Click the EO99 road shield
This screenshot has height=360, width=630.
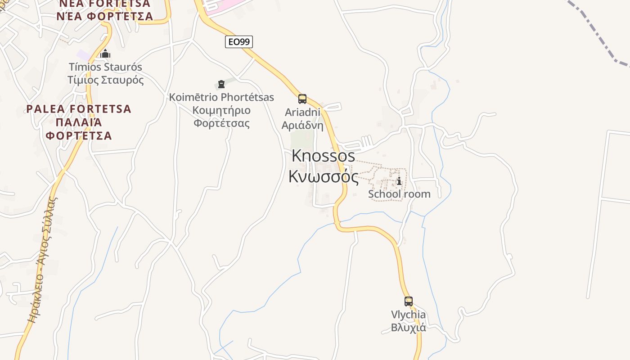[239, 42]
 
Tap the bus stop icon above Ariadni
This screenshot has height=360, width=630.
[302, 99]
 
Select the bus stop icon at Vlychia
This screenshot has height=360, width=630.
[408, 301]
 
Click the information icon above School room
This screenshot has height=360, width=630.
[399, 181]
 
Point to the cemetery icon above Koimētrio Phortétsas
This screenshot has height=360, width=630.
[221, 84]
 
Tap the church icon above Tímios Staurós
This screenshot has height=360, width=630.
[105, 54]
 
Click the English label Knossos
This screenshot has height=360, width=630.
[323, 156]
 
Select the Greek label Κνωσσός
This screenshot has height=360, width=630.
[323, 177]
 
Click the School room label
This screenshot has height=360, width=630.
[399, 194]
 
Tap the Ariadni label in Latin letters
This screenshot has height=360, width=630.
[302, 112]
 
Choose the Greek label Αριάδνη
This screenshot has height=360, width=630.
[302, 125]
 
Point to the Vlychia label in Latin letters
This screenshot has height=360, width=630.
[408, 315]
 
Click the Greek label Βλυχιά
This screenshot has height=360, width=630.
[408, 327]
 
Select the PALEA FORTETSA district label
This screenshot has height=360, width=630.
[79, 109]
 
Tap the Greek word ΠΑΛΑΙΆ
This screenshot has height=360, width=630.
[79, 122]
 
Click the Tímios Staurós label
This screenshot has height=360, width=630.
[105, 67]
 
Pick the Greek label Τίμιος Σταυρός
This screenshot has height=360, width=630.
[105, 80]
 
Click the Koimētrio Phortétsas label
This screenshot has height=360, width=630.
[221, 97]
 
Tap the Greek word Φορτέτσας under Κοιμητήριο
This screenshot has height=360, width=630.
[221, 123]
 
